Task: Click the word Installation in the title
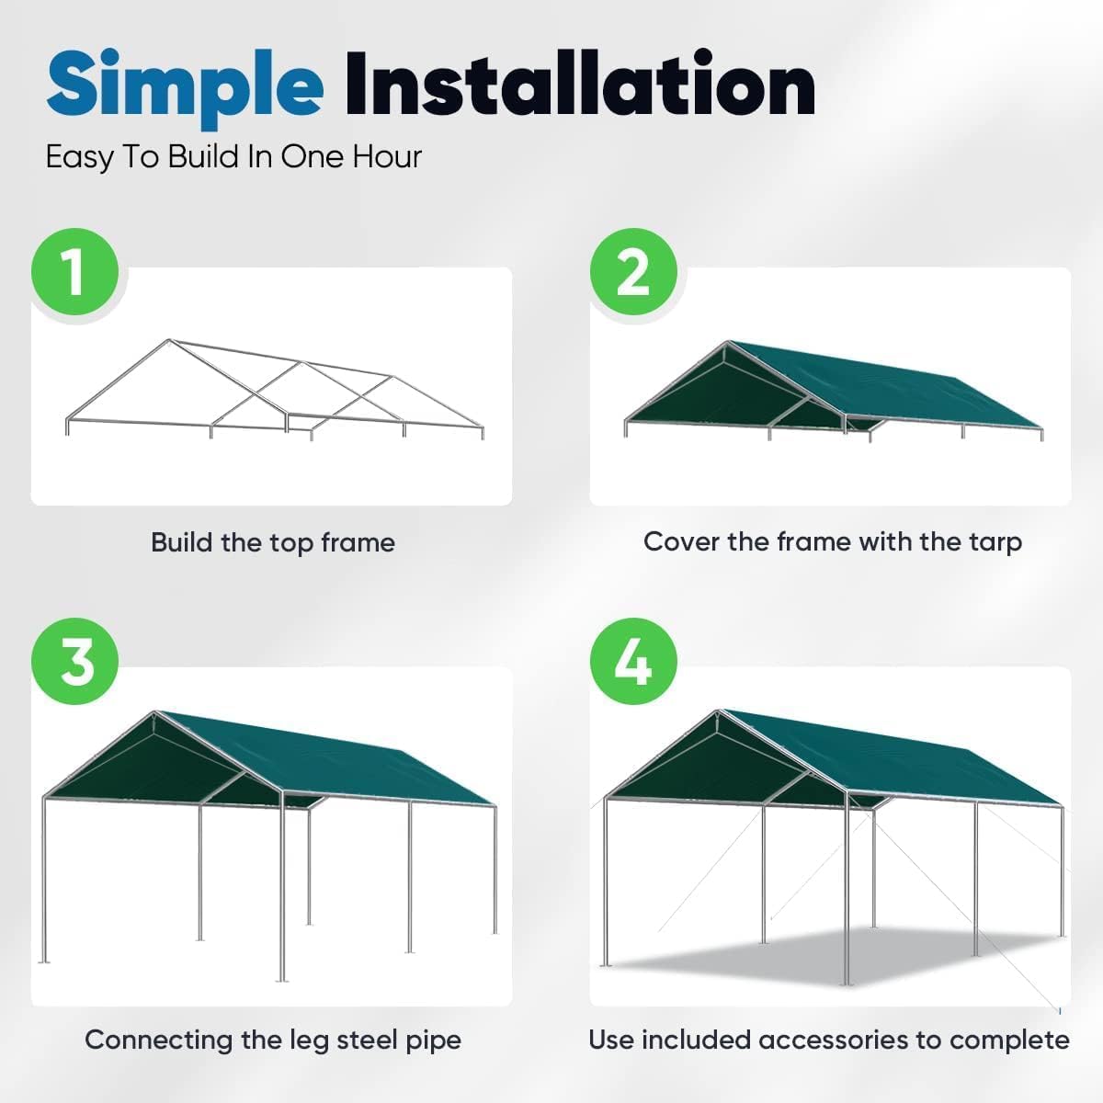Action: point(579,85)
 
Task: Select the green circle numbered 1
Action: point(75,272)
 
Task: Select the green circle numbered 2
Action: point(633,272)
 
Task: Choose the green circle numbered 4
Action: point(633,663)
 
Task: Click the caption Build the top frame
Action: point(273,542)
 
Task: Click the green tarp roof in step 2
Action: point(882,381)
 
